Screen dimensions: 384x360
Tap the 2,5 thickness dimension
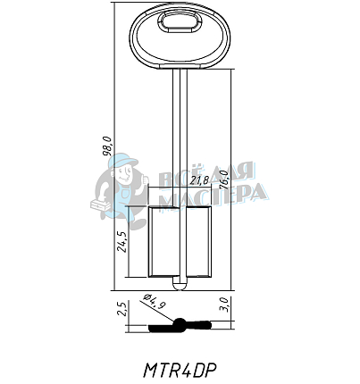122,310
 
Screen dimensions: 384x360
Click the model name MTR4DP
181,367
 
